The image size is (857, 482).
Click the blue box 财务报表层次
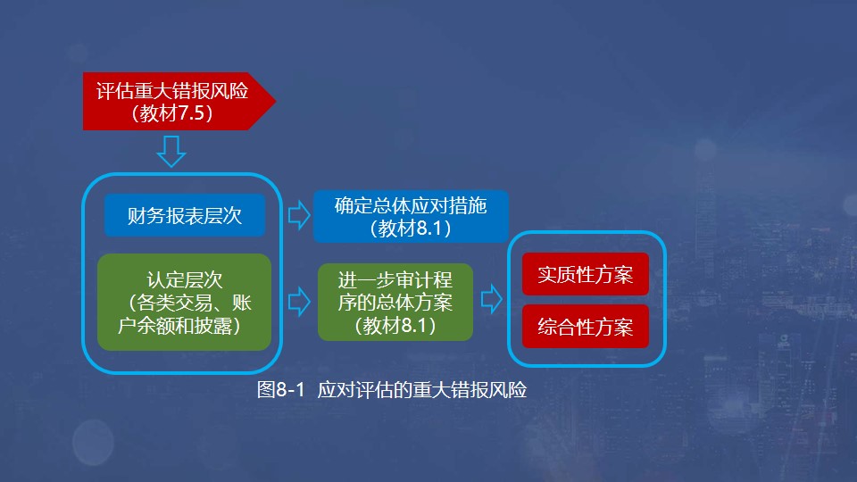(184, 215)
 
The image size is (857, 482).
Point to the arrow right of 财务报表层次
(297, 215)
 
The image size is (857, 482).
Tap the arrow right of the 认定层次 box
(297, 301)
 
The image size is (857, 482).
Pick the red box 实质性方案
(585, 275)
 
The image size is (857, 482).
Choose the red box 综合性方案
(585, 328)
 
